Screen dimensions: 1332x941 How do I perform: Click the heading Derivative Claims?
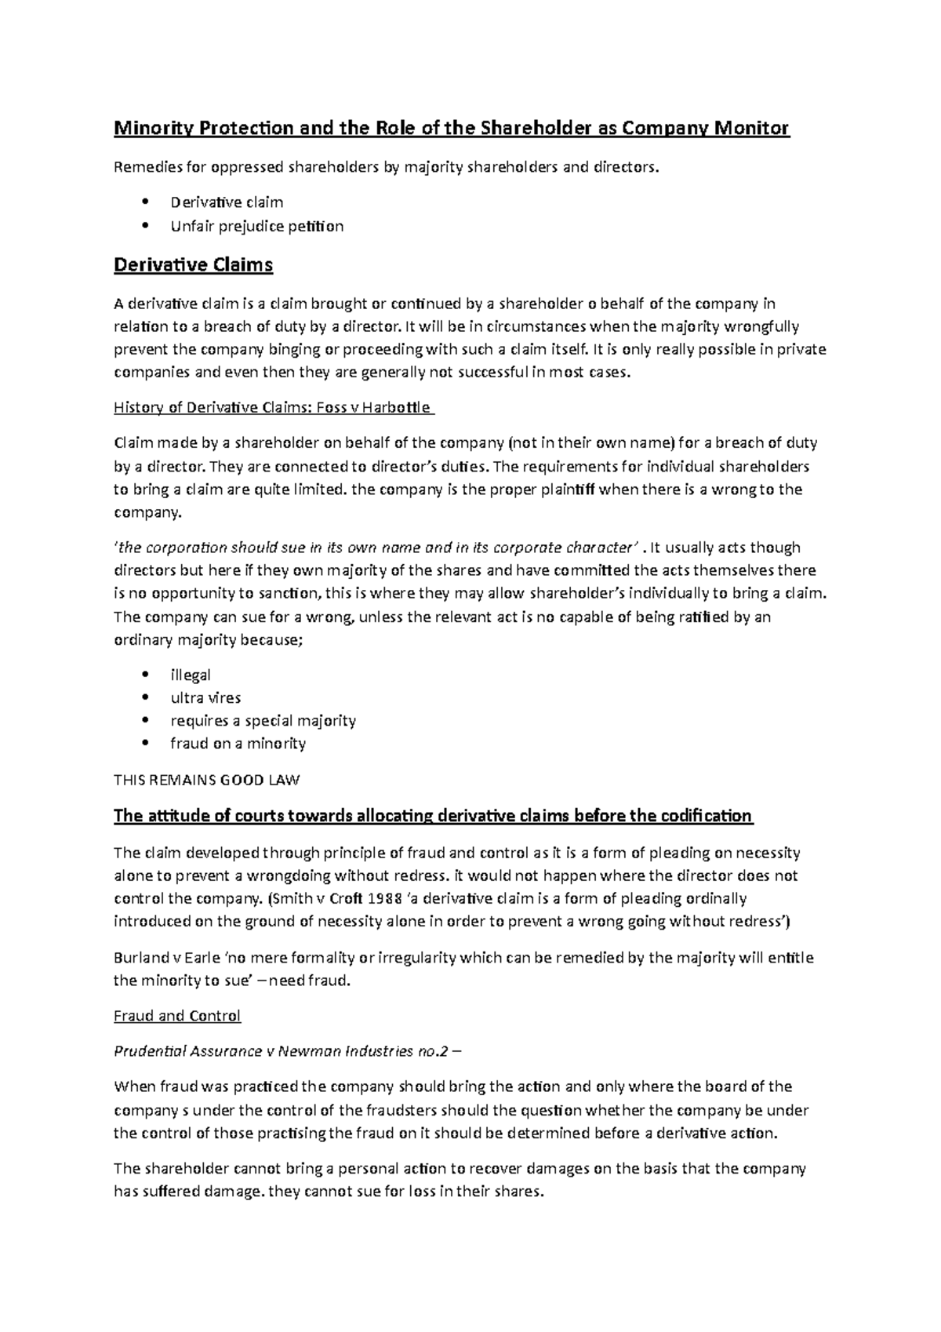click(x=193, y=265)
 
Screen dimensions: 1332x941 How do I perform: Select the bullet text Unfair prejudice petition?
click(x=256, y=227)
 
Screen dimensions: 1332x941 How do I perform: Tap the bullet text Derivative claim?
click(x=227, y=202)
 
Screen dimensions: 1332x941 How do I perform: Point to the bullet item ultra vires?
click(x=205, y=697)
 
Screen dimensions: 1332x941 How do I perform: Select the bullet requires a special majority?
click(x=263, y=720)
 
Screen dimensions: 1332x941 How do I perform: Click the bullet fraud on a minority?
click(x=238, y=743)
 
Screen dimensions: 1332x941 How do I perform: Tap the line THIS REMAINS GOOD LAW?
click(x=207, y=781)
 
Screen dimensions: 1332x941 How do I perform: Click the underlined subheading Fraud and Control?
click(x=177, y=1016)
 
